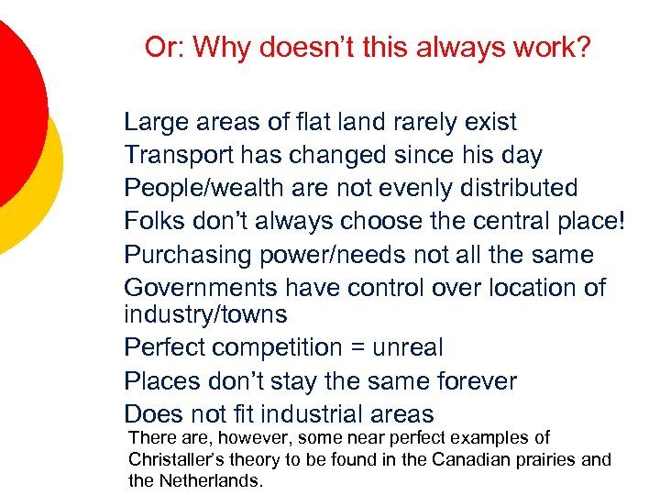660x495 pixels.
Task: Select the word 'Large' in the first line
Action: click(154, 122)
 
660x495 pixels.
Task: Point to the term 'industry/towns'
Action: click(205, 314)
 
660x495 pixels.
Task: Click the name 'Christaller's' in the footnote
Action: click(179, 459)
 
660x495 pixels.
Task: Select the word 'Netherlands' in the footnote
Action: click(212, 479)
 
